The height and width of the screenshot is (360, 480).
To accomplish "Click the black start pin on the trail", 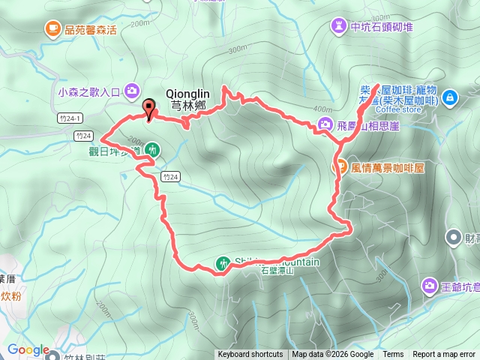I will tap(148, 109).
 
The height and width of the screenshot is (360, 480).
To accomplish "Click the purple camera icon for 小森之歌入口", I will tap(132, 91).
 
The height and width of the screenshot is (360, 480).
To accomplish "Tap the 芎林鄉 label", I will tap(187, 106).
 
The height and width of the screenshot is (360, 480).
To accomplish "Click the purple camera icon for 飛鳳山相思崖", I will tap(325, 124).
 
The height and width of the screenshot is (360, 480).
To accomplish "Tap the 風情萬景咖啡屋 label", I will tap(388, 167).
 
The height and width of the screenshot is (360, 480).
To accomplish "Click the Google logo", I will tap(28, 349).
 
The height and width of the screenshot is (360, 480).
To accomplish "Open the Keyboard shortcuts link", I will tap(250, 355).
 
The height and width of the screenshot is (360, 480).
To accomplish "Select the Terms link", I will tap(393, 355).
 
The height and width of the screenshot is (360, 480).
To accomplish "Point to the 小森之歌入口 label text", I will tap(88, 93).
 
